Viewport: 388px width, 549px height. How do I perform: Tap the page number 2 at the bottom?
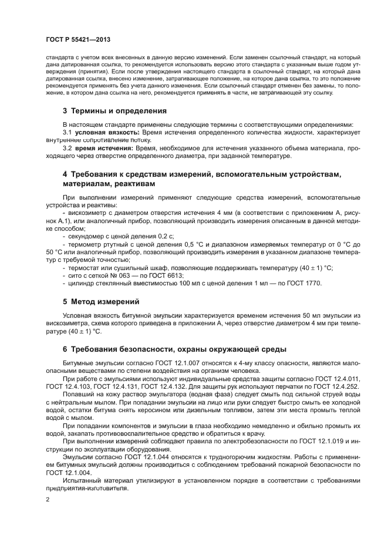point(48,499)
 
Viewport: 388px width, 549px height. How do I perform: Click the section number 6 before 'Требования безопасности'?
point(65,349)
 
